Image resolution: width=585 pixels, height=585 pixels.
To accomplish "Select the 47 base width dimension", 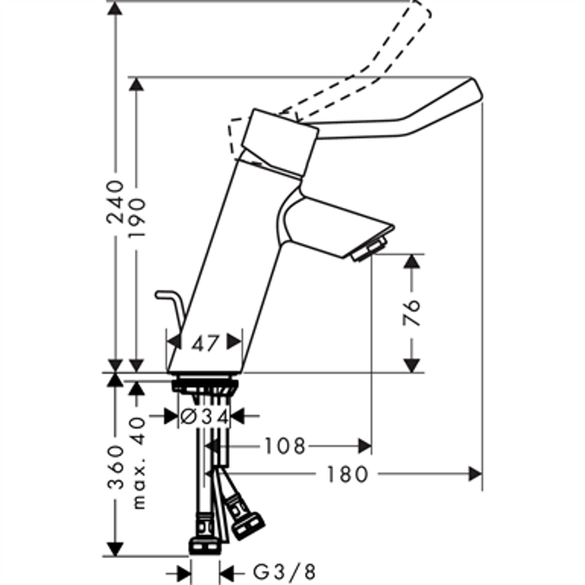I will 205,343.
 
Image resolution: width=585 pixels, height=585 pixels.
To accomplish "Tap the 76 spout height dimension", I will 413,312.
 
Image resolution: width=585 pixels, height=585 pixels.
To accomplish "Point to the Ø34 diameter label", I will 205,417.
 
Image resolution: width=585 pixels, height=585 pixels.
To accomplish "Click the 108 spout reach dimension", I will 286,445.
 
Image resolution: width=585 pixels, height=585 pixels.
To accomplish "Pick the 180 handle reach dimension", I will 348,474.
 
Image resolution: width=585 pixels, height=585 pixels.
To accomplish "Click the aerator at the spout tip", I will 367,250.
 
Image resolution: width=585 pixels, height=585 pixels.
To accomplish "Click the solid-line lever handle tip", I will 472,91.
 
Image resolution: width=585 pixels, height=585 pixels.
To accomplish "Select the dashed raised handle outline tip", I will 419,10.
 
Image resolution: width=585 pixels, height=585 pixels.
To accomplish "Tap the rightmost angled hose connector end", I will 252,523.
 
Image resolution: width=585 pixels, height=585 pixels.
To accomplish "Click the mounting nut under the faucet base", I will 205,384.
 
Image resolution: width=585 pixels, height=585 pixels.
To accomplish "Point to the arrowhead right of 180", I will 475,474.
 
